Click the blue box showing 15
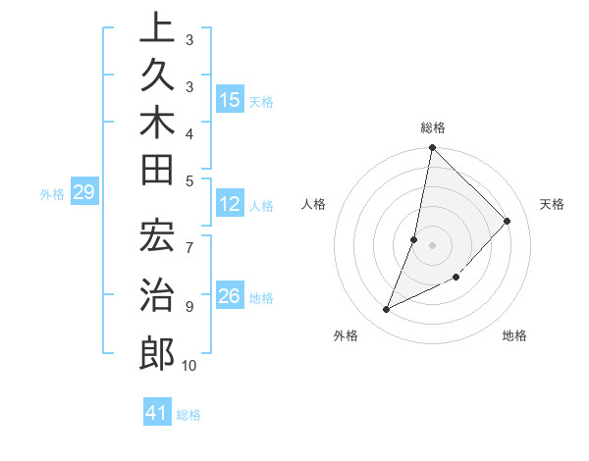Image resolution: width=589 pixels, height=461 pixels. point(230,100)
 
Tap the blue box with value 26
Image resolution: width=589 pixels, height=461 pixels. point(230,296)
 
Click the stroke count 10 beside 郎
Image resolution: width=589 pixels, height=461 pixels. point(188,366)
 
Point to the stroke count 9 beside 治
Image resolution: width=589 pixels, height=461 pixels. point(188,306)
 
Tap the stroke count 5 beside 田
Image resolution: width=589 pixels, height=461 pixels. point(188,180)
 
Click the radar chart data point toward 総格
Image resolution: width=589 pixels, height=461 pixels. point(432,148)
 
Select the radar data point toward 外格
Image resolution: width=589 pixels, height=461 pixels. point(387,310)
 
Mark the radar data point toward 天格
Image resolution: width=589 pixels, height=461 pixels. point(508,221)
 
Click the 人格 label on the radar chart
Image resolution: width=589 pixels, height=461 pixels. point(314,204)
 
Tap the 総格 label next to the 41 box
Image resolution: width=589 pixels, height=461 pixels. point(188,415)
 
